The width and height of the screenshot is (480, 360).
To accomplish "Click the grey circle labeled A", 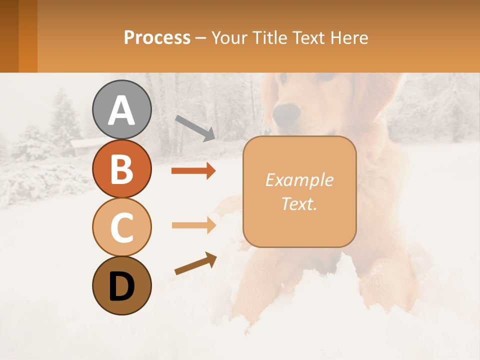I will (x=121, y=109).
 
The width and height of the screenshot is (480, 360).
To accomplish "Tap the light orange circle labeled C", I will (x=121, y=227).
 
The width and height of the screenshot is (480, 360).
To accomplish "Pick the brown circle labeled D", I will (x=121, y=285).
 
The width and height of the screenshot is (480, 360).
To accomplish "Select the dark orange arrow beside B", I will (x=193, y=171).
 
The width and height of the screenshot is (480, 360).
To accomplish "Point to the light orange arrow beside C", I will (x=193, y=225).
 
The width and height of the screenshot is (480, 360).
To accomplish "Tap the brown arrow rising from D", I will (x=195, y=264).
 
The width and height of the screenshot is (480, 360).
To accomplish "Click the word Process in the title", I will (x=157, y=37).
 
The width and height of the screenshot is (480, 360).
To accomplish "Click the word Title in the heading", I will (x=268, y=37).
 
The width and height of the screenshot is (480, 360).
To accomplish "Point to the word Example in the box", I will (x=299, y=180).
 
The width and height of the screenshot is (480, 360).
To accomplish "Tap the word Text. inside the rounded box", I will (x=299, y=204).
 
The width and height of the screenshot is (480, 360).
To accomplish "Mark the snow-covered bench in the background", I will (x=82, y=145).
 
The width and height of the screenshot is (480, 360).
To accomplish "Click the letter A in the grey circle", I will (x=121, y=110).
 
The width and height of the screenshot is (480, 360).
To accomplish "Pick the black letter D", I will (x=121, y=286).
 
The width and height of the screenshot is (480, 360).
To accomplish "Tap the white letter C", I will (x=121, y=227).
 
